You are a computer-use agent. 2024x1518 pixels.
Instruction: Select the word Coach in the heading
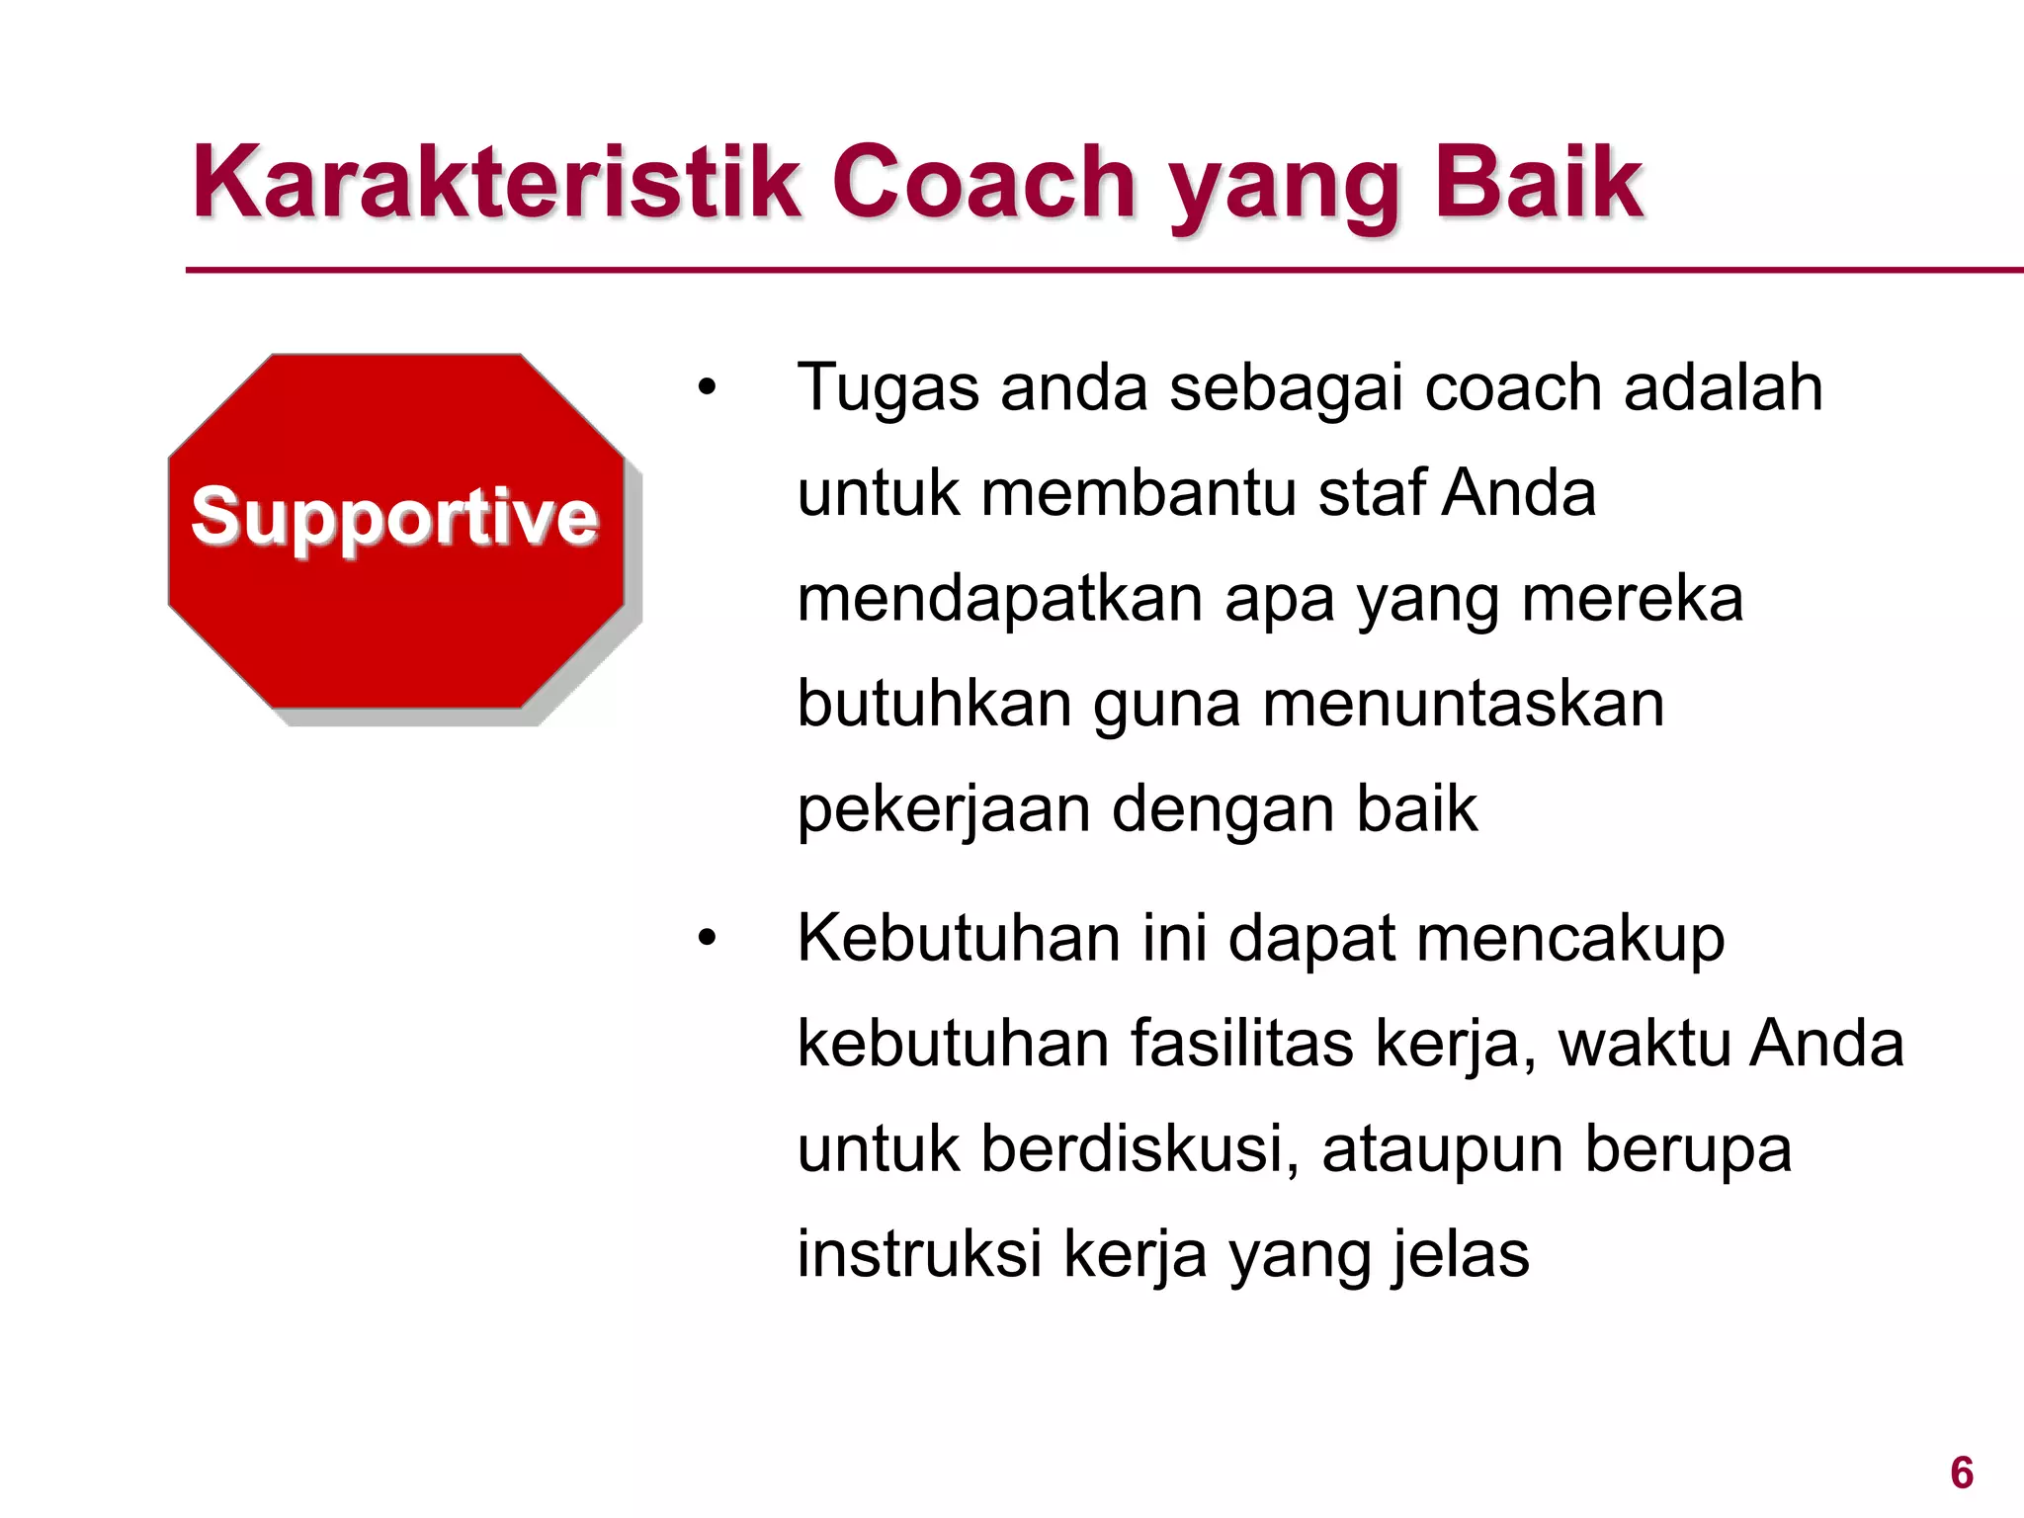(983, 183)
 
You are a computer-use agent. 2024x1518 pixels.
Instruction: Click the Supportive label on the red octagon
(394, 516)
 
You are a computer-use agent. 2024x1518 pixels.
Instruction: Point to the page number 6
(1962, 1474)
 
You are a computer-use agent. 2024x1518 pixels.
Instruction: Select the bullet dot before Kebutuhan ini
(706, 938)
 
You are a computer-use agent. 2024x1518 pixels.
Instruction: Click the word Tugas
(886, 387)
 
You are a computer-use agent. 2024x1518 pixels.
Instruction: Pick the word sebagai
(1286, 387)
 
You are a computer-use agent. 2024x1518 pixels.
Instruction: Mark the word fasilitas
(1241, 1044)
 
